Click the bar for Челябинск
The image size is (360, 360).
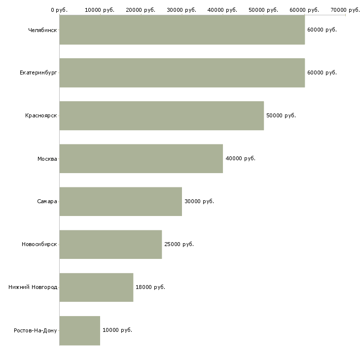click(x=182, y=30)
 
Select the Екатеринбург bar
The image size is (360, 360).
click(x=182, y=73)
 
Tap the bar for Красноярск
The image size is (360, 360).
click(x=162, y=116)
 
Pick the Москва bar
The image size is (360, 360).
click(x=141, y=159)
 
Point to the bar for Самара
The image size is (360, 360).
click(x=121, y=202)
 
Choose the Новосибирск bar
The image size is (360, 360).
click(x=110, y=245)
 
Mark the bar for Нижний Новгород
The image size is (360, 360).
click(x=97, y=288)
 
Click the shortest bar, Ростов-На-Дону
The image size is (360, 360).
click(x=80, y=330)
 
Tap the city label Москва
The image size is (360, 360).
click(x=47, y=159)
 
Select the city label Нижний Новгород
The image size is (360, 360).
click(x=33, y=287)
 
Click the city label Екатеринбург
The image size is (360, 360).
click(x=38, y=73)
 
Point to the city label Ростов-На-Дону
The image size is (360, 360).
click(x=36, y=330)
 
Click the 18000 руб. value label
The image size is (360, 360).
click(x=150, y=287)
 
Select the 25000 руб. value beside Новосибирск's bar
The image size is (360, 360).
click(x=179, y=244)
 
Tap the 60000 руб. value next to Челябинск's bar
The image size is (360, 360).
click(x=322, y=30)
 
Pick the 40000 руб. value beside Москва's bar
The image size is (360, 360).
click(x=240, y=158)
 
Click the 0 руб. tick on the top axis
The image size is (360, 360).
click(x=59, y=10)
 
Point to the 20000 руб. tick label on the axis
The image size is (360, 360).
click(x=141, y=10)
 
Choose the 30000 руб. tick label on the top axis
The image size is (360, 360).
click(x=181, y=10)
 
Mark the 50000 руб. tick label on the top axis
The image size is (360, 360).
click(x=263, y=10)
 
